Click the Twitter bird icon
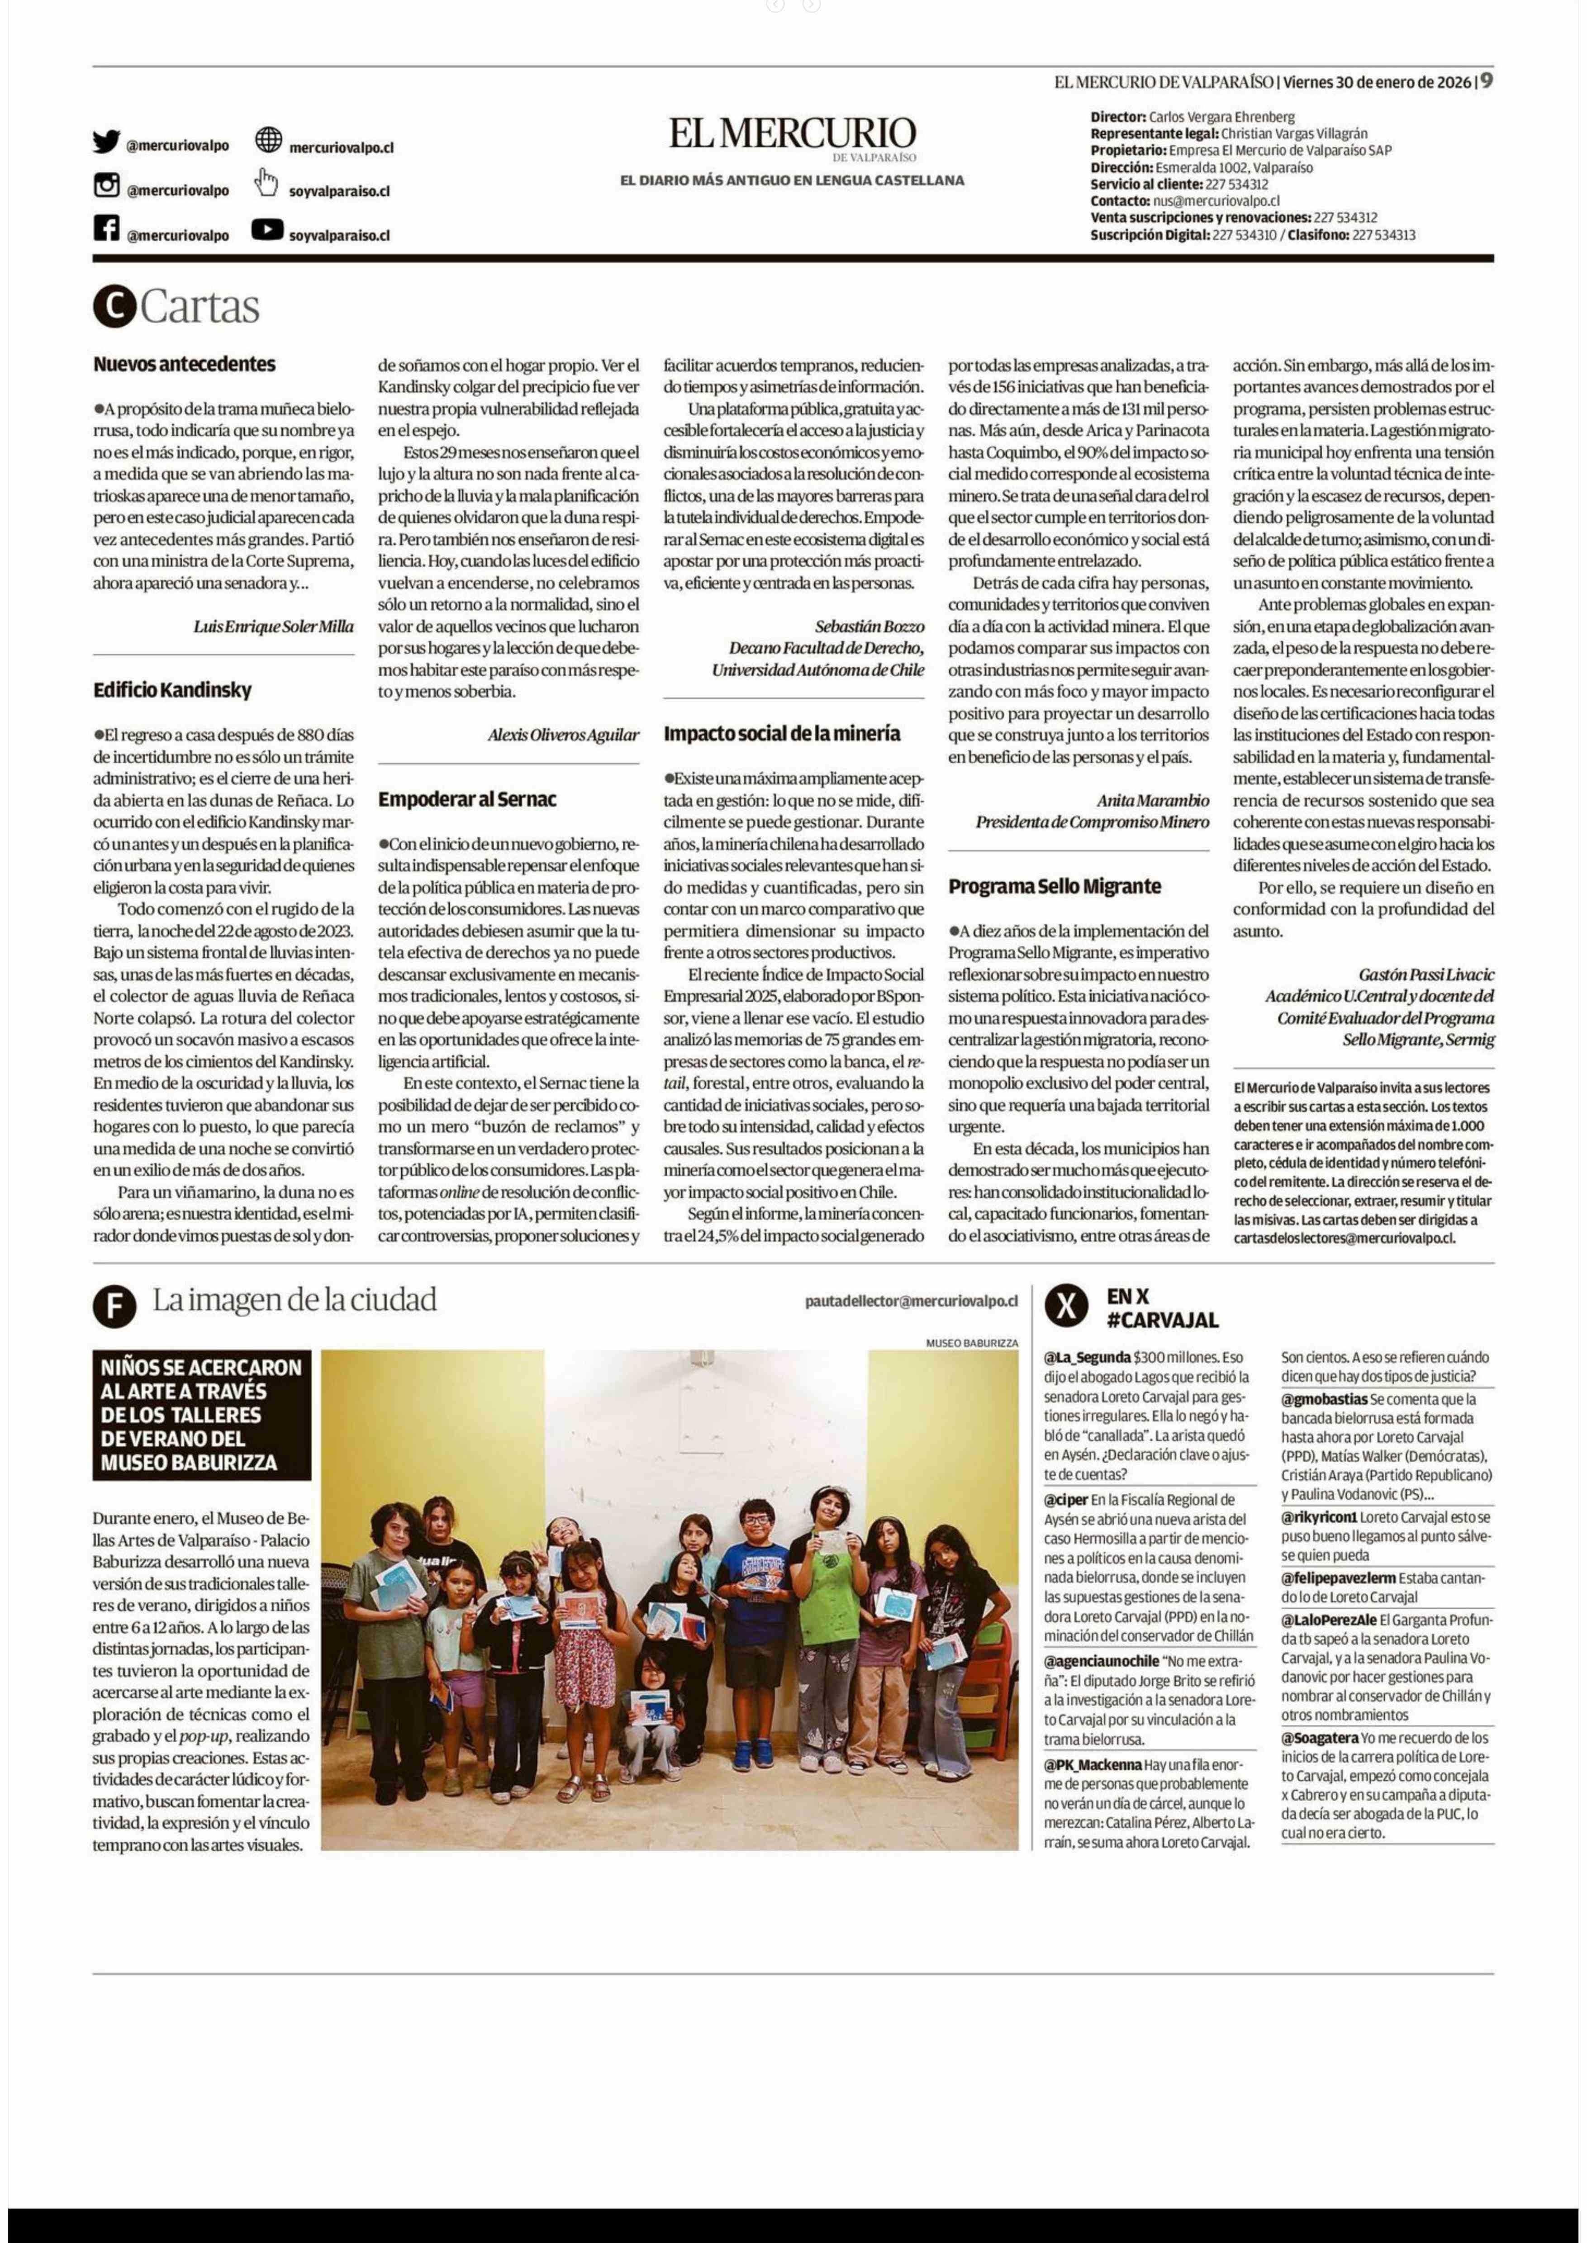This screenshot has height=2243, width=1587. click(x=106, y=142)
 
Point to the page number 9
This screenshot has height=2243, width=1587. click(x=1485, y=81)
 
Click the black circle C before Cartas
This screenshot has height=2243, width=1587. click(x=114, y=307)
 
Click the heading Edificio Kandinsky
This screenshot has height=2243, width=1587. click(x=172, y=690)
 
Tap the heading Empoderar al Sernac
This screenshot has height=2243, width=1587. click(x=467, y=799)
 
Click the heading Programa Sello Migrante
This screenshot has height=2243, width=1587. click(x=1055, y=886)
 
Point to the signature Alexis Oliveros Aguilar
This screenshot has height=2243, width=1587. click(x=563, y=735)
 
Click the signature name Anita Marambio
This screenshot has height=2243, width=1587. click(x=1152, y=800)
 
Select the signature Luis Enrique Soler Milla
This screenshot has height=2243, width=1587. click(x=274, y=627)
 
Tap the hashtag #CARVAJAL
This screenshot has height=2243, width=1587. click(x=1163, y=1321)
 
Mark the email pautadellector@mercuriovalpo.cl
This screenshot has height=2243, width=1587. click(x=911, y=1301)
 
